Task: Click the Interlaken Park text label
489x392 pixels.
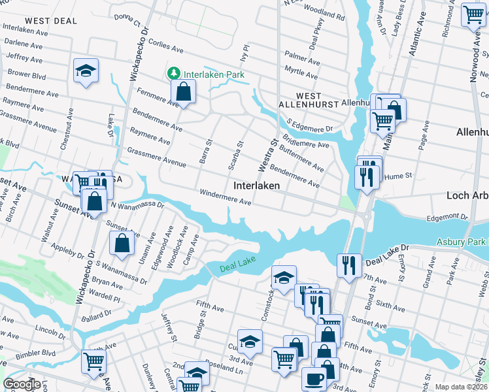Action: [214, 74]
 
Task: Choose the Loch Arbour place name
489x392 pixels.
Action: [467, 195]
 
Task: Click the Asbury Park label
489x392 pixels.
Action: [462, 242]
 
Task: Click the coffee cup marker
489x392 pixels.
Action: [314, 378]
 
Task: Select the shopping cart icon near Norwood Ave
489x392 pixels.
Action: [473, 14]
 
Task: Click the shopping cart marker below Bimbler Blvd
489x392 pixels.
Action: [93, 361]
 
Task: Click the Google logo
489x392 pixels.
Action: [22, 384]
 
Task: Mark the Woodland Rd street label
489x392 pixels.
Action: [324, 13]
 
